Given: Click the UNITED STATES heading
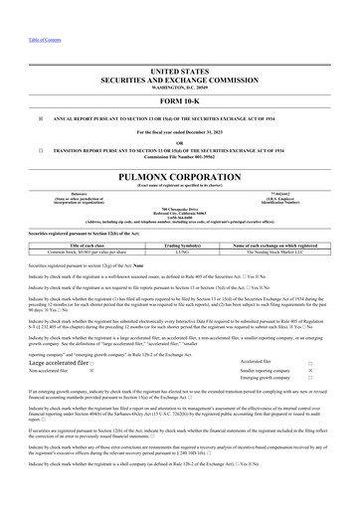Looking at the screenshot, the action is pyautogui.click(x=180, y=74).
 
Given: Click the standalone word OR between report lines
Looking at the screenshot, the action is pyautogui.click(x=180, y=142).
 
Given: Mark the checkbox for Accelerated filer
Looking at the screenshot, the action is pyautogui.click(x=339, y=364).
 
